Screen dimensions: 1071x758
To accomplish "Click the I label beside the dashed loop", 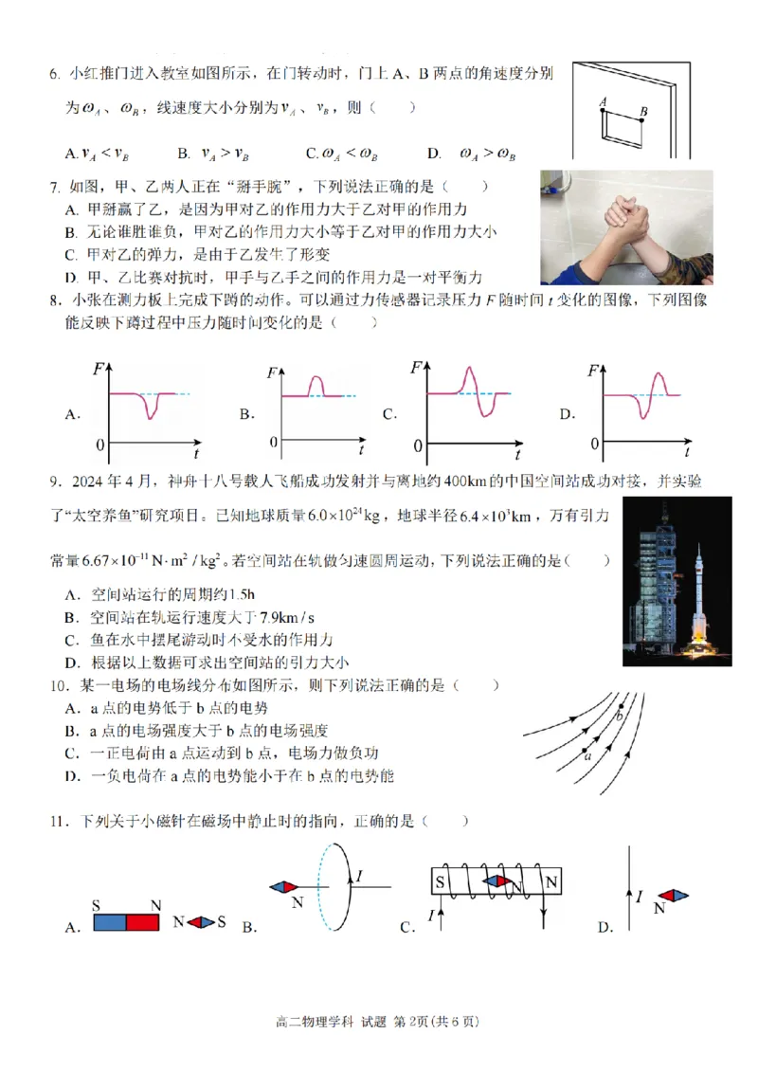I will coord(360,875).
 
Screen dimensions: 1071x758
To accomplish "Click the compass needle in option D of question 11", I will coord(674,896).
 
